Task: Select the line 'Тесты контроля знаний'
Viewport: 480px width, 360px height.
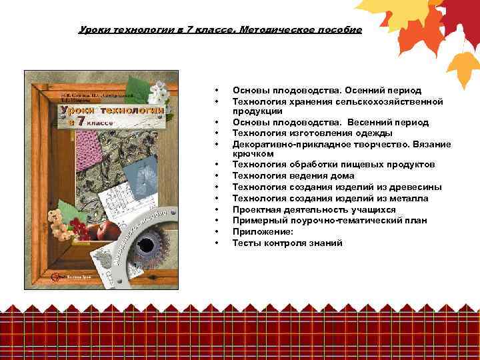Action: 287,243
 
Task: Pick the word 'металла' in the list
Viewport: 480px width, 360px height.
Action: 410,199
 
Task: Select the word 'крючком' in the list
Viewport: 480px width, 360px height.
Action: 252,154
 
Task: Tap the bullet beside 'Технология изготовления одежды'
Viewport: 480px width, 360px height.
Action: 217,133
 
